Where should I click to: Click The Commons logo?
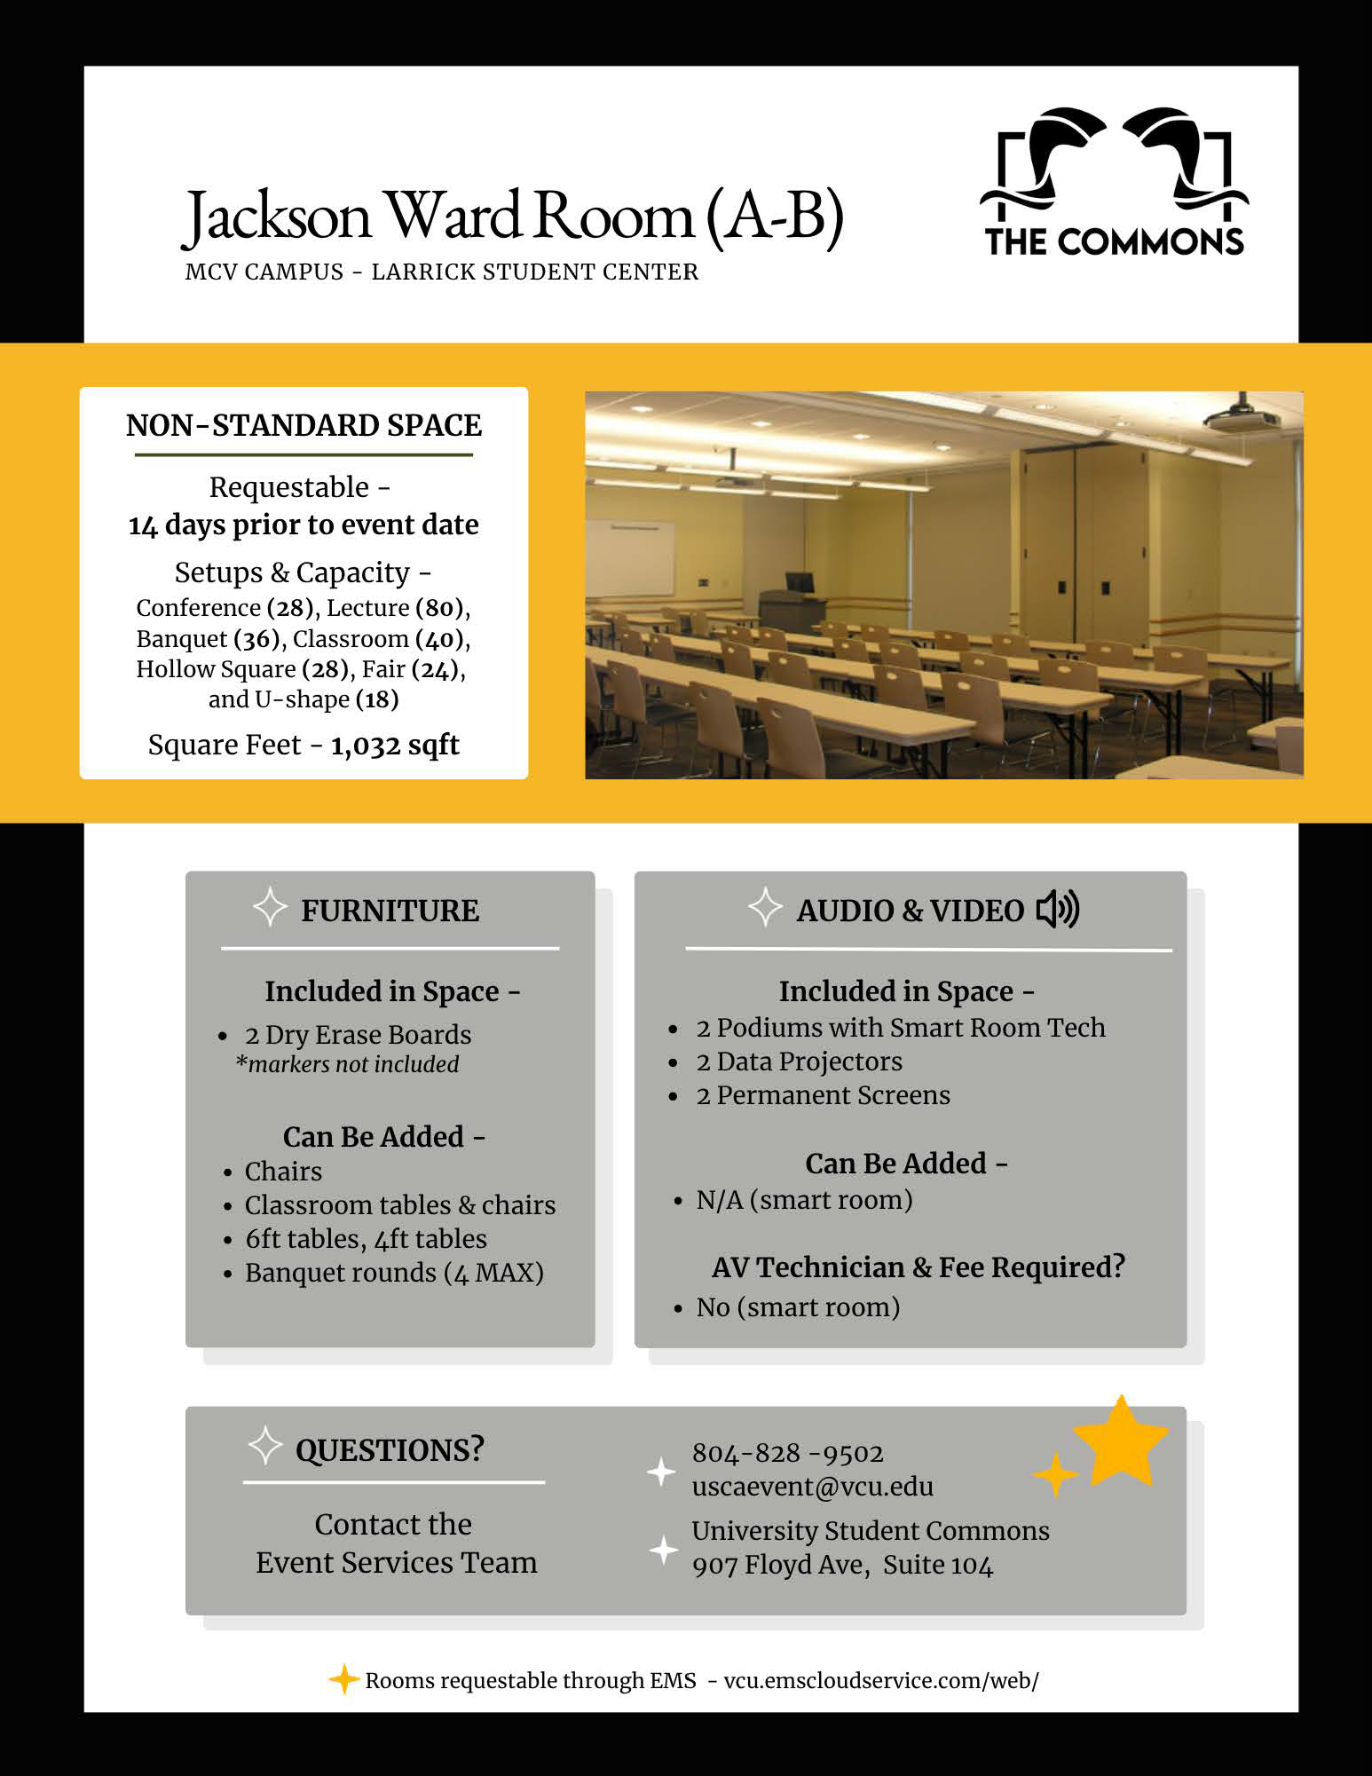1114,183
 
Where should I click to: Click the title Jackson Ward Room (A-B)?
513,216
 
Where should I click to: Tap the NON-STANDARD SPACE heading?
304,426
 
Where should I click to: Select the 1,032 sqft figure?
395,745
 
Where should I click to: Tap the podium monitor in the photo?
800,583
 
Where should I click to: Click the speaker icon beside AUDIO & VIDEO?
1058,909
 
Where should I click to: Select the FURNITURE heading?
390,911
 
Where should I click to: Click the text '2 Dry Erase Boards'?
358,1035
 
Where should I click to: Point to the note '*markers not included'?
348,1064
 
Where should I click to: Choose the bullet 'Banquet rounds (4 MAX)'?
394,1273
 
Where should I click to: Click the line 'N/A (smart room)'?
804,1200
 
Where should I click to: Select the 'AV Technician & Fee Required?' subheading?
918,1267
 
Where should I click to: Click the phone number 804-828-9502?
787,1453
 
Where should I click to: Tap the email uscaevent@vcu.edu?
812,1487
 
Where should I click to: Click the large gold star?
1121,1443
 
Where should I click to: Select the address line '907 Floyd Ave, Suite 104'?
842,1565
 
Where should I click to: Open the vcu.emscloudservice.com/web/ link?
880,1680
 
